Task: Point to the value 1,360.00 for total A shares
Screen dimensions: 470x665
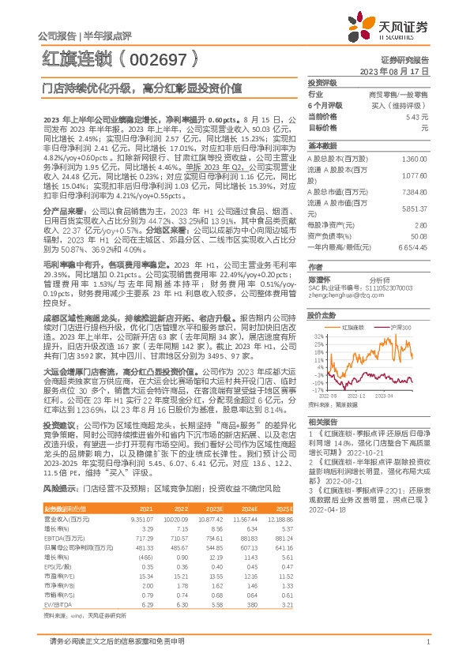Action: coord(414,158)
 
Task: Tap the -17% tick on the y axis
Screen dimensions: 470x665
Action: coord(315,390)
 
